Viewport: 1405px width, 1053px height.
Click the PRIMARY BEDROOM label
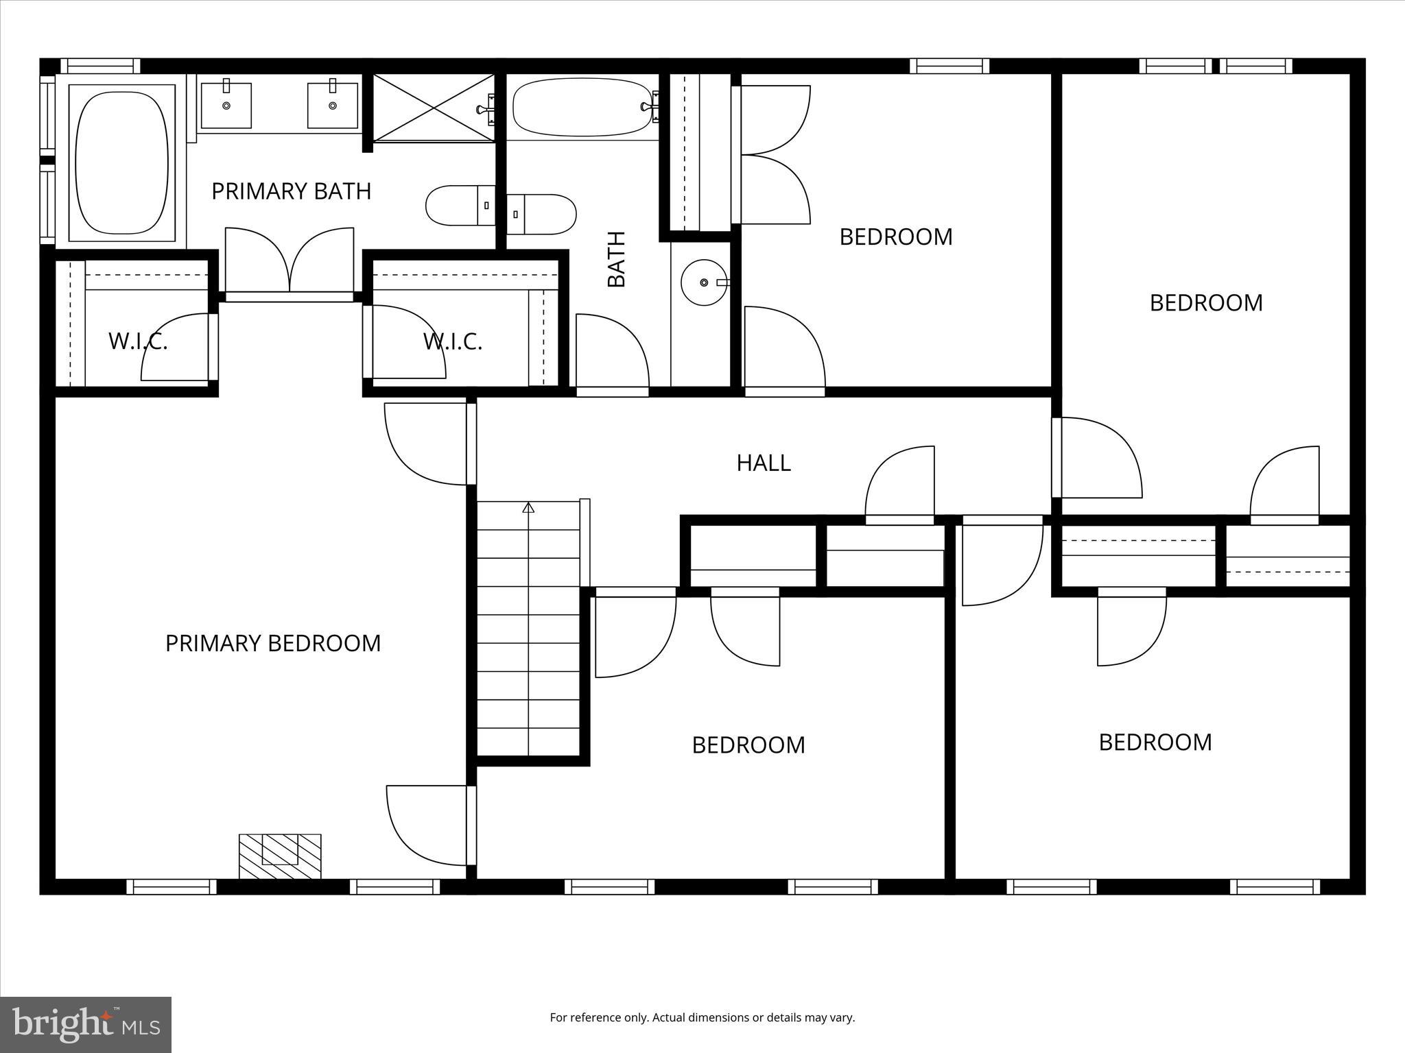[273, 643]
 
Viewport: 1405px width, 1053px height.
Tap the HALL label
[764, 463]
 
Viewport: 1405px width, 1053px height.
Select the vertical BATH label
[617, 259]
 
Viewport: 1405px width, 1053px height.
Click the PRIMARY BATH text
[291, 191]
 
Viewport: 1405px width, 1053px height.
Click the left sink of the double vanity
[226, 106]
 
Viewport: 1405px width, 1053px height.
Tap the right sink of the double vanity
[333, 106]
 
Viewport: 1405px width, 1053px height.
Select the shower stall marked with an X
[434, 108]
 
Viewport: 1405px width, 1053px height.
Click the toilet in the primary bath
[459, 205]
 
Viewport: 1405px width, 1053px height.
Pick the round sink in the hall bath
[704, 282]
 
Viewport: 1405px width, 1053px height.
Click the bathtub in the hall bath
[582, 108]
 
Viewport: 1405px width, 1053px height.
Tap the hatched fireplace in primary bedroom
[280, 856]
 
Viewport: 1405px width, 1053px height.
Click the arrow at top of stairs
[528, 507]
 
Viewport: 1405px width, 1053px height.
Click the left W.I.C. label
[138, 341]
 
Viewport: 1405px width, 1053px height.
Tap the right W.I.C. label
[453, 341]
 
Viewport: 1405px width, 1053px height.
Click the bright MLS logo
[86, 1024]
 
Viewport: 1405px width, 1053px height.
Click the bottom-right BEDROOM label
[1155, 742]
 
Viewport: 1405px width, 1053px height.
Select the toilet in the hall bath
[542, 213]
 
